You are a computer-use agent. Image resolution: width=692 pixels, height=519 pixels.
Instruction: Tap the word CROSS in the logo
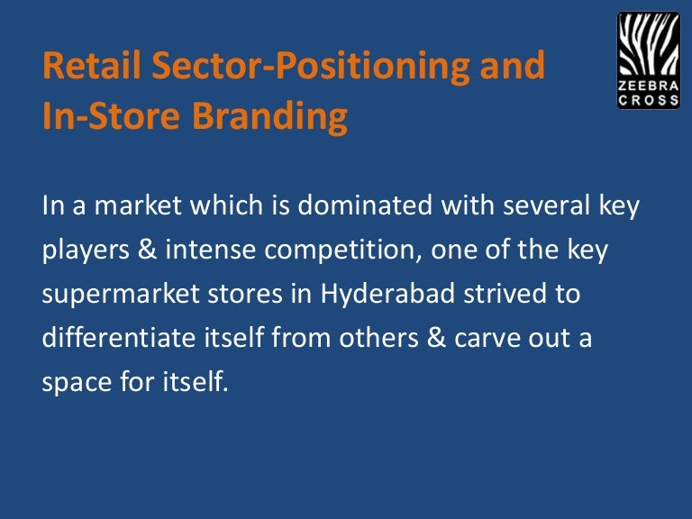[649, 101]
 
